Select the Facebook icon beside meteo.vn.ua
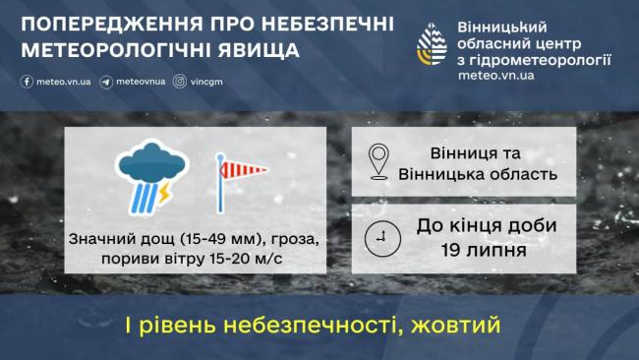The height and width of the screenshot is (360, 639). [23, 82]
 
